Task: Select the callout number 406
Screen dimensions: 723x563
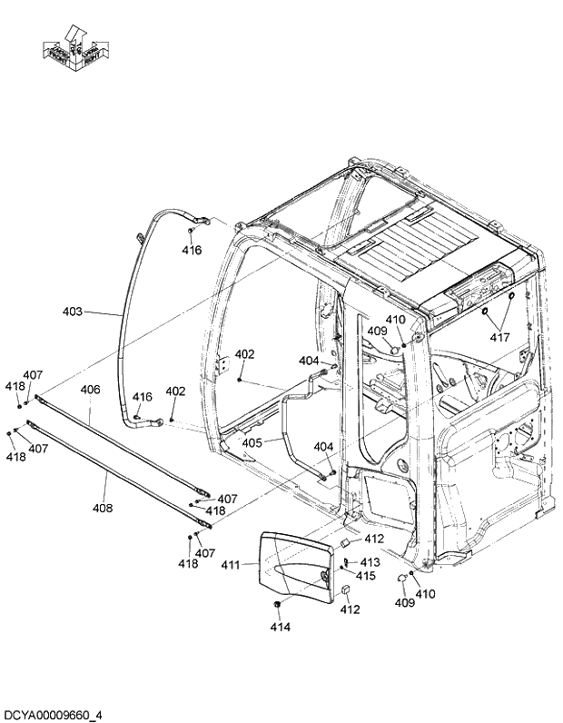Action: tap(90, 390)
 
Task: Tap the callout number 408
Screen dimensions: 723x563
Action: tap(103, 508)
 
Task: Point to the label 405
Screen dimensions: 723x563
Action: tap(252, 442)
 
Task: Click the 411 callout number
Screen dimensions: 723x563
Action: tap(232, 565)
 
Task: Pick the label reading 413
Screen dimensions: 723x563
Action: tap(370, 563)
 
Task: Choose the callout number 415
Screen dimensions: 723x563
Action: tap(365, 576)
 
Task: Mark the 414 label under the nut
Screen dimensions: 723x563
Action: tap(280, 627)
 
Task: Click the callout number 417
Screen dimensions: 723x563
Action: tap(499, 337)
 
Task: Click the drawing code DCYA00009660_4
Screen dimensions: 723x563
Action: tap(53, 715)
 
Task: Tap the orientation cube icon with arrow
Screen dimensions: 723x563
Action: tap(74, 47)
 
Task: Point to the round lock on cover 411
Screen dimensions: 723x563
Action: tap(324, 579)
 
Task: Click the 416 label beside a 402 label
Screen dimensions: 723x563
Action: tap(143, 397)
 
